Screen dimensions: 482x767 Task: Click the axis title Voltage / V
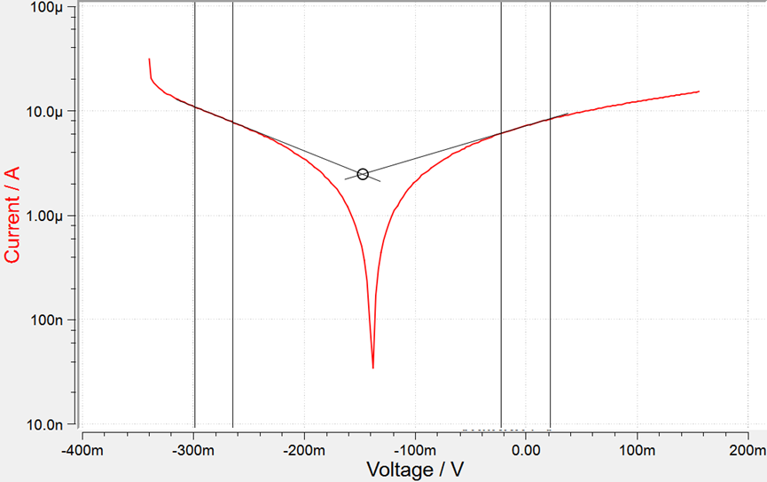(415, 468)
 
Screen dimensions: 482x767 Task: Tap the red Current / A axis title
(12, 216)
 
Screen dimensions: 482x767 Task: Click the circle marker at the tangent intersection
(363, 174)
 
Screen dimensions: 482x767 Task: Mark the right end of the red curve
(699, 91)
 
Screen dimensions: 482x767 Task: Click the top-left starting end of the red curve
(149, 59)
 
